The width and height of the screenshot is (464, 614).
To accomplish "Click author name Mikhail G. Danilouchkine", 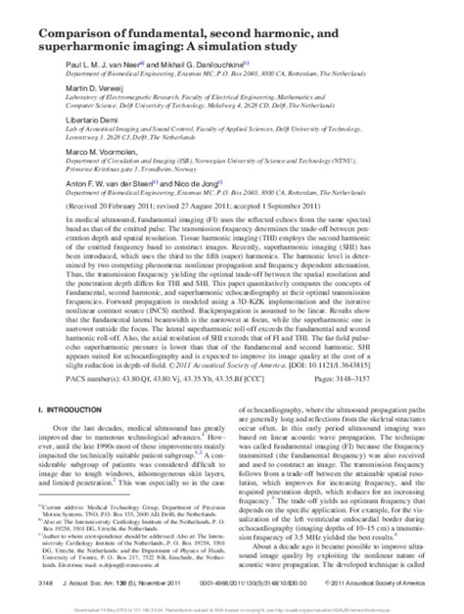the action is tap(199, 71).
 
